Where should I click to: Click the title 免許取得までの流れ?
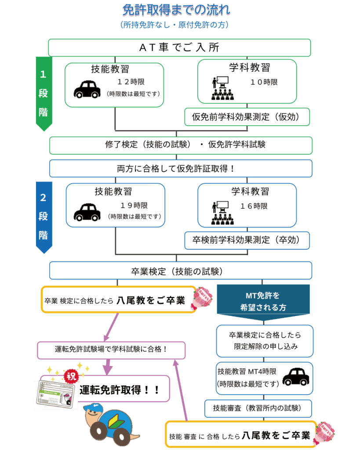point(176,9)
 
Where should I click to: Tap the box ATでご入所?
point(179,47)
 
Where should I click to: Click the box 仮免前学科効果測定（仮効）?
point(247,117)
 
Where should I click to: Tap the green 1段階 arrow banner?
point(44,93)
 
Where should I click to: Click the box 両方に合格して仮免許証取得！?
point(180,168)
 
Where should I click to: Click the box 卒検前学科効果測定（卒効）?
point(247,240)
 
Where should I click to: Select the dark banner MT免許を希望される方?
point(262,301)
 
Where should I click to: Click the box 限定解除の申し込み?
point(265,341)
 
